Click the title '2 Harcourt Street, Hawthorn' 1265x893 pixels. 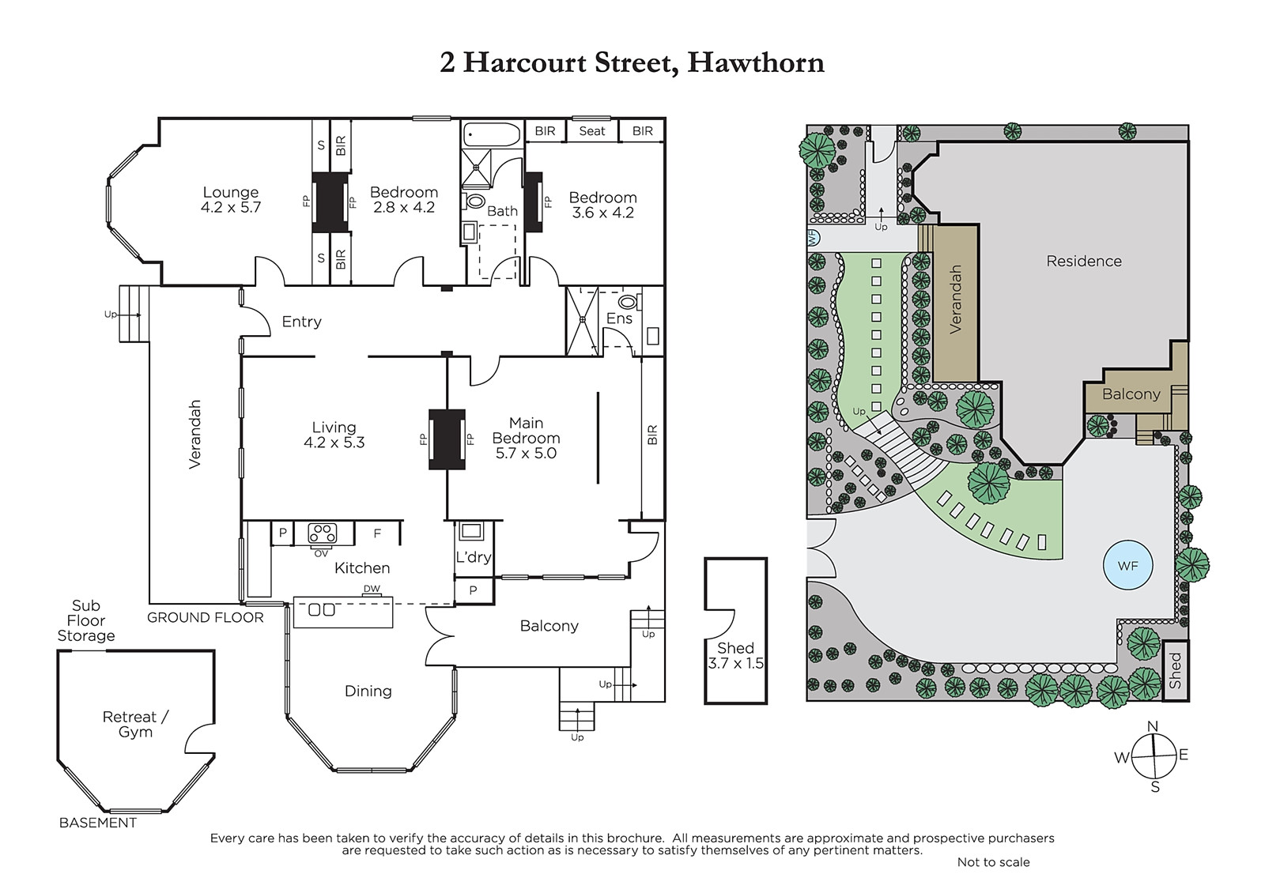point(632,62)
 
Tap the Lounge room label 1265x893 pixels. point(230,192)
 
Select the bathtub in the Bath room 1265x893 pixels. point(492,135)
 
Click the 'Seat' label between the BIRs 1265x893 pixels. point(592,131)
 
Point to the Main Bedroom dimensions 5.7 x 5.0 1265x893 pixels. point(526,454)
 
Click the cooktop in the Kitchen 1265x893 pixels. point(323,533)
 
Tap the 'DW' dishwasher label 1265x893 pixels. point(372,589)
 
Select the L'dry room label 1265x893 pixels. point(474,557)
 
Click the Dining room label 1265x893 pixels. point(368,691)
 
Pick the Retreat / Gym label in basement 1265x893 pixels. point(135,724)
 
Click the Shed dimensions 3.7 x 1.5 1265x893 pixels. point(736,663)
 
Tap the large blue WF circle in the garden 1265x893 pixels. point(1127,565)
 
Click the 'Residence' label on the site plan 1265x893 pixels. point(1084,261)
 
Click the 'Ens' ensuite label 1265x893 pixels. point(619,318)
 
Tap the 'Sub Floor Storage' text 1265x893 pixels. point(86,620)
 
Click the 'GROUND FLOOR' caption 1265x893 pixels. point(205,617)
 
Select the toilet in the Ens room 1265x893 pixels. point(629,302)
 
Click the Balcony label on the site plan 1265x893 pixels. point(1131,394)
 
